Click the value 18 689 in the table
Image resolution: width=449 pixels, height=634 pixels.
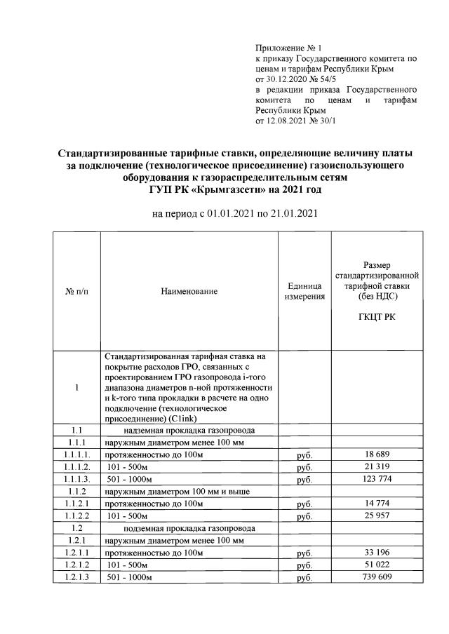[x=377, y=454]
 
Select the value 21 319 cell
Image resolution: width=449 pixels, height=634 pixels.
[x=377, y=467]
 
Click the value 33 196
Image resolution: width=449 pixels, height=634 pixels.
[x=377, y=553]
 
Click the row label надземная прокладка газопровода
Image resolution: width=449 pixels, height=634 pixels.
[x=189, y=430]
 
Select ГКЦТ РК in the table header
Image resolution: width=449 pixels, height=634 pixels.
[x=377, y=318]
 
